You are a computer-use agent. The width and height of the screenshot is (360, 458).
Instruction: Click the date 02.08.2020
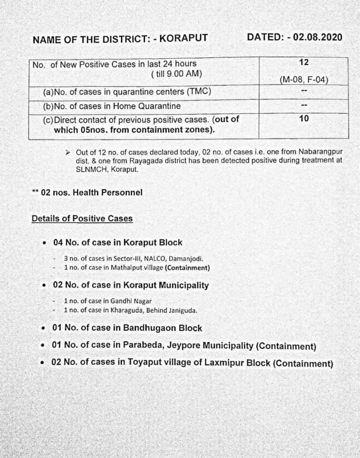pyautogui.click(x=317, y=37)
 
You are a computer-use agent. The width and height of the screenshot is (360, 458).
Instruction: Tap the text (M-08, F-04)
pyautogui.click(x=304, y=80)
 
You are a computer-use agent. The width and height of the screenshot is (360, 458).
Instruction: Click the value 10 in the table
pyautogui.click(x=304, y=119)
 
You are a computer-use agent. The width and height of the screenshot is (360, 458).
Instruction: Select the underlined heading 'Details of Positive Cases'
pyautogui.click(x=82, y=218)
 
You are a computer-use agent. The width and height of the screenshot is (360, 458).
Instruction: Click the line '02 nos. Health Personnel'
pyautogui.click(x=91, y=192)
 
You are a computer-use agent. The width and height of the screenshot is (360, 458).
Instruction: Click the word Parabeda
pyautogui.click(x=140, y=345)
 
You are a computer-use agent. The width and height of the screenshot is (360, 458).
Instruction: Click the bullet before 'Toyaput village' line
pyautogui.click(x=43, y=363)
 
